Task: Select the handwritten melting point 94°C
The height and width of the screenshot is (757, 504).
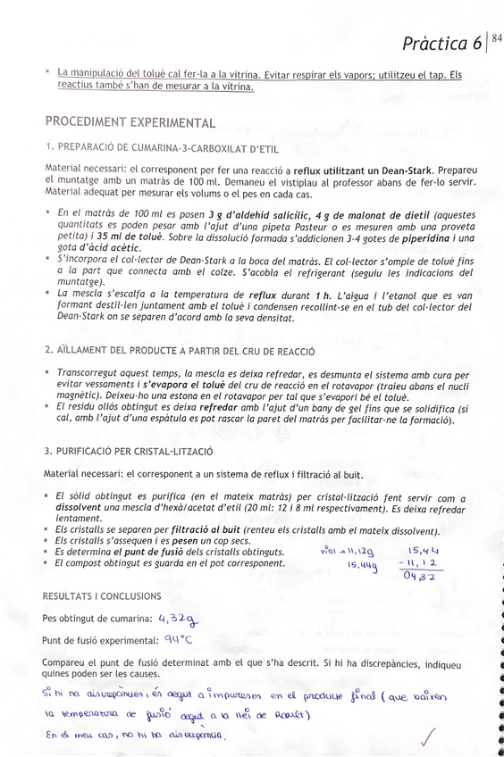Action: pyautogui.click(x=178, y=639)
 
